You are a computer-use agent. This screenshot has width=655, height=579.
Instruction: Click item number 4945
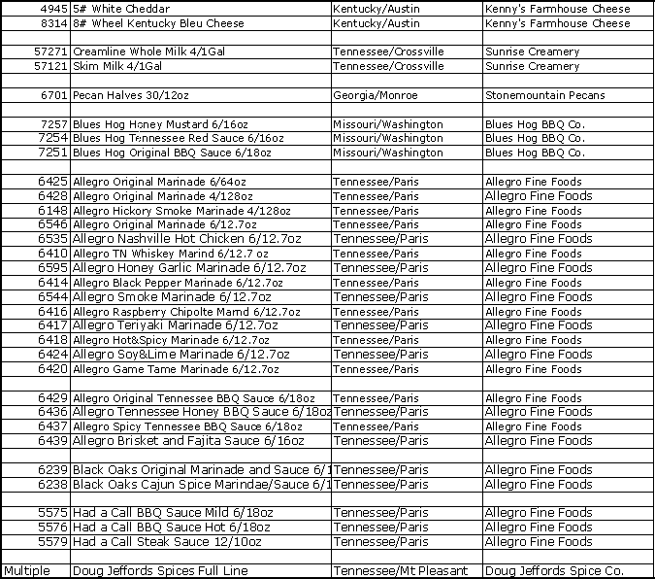point(50,9)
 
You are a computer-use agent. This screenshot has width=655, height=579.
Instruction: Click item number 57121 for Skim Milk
point(49,66)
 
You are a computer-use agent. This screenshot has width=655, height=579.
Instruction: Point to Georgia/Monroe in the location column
point(375,95)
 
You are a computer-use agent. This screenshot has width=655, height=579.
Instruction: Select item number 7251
point(52,153)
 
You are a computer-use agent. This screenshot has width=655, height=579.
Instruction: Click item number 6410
point(52,254)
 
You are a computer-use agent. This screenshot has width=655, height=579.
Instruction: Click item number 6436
point(52,412)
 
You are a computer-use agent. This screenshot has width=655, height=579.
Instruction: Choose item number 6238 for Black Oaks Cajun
point(52,484)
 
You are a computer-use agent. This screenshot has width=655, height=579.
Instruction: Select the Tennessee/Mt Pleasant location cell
point(400,570)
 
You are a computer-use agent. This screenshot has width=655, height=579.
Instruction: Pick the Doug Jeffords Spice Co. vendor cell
point(553,570)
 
